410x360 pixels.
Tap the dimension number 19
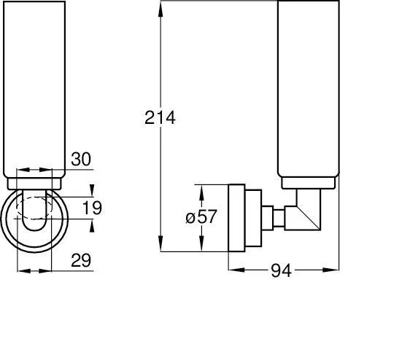click(x=92, y=208)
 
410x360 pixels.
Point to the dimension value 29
click(x=82, y=260)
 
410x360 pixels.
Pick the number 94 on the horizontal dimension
click(x=281, y=271)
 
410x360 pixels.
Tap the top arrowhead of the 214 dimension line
click(x=159, y=6)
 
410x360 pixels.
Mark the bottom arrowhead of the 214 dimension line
click(x=159, y=248)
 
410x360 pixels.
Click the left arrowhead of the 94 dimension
click(x=233, y=270)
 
